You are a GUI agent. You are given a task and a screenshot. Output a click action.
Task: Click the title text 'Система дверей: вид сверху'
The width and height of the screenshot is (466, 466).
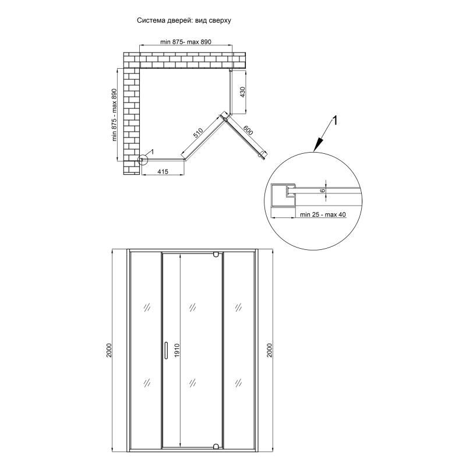click(x=183, y=20)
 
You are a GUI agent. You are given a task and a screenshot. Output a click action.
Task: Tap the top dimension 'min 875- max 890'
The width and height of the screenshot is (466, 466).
click(x=186, y=42)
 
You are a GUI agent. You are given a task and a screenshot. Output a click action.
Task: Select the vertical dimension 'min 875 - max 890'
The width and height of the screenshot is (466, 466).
click(x=114, y=115)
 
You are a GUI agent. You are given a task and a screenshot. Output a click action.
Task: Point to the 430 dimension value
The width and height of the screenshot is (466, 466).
click(x=242, y=92)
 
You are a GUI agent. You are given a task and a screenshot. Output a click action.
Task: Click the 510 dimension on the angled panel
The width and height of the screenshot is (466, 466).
click(x=198, y=133)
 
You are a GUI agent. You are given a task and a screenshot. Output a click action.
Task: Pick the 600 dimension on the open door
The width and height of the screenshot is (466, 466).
click(x=248, y=130)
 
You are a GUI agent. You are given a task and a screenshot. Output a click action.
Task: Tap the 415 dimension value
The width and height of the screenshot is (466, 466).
click(x=163, y=171)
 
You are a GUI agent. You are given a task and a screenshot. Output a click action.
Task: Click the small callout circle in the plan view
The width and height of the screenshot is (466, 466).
click(x=143, y=160)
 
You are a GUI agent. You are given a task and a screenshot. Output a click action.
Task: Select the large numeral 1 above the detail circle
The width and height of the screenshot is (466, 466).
click(x=334, y=121)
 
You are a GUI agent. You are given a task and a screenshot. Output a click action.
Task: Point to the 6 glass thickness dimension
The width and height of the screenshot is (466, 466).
click(x=323, y=190)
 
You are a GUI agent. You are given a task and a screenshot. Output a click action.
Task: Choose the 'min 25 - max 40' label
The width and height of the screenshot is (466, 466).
click(x=323, y=214)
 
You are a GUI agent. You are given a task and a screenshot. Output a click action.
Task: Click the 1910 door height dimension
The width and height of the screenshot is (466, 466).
click(x=177, y=350)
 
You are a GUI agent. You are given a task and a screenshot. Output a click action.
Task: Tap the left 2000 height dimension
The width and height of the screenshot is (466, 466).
click(x=109, y=350)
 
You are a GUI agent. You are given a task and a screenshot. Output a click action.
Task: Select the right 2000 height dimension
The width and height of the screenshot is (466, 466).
click(x=269, y=350)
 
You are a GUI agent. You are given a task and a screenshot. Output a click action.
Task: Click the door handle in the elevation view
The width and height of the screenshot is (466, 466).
click(x=166, y=350)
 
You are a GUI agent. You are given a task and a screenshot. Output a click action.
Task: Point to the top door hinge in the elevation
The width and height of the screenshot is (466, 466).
click(x=216, y=255)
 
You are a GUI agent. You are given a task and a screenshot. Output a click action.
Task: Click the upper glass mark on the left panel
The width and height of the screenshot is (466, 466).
click(x=147, y=307)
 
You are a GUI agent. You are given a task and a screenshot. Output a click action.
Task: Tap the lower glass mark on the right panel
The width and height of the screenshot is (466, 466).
click(x=238, y=383)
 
